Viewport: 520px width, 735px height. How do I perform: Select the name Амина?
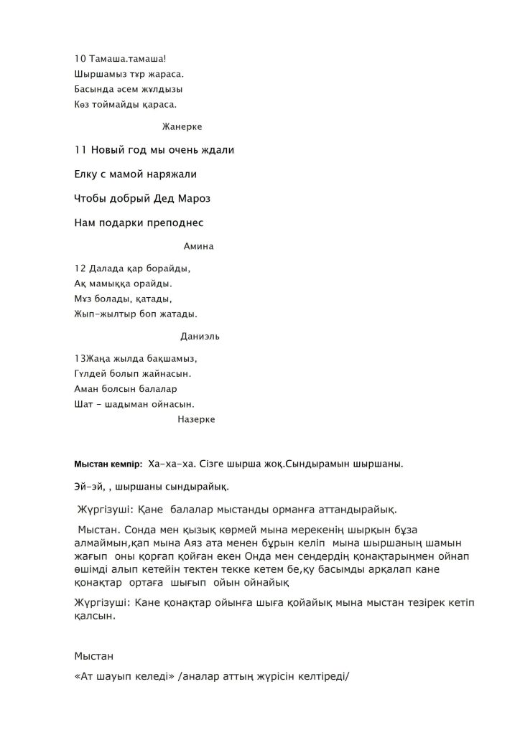pyautogui.click(x=200, y=245)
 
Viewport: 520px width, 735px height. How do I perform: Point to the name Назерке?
pyautogui.click(x=196, y=419)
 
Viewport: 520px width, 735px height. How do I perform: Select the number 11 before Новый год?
pyautogui.click(x=80, y=150)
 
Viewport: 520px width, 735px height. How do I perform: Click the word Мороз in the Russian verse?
pyautogui.click(x=195, y=198)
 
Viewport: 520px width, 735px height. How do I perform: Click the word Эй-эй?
pyautogui.click(x=88, y=487)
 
